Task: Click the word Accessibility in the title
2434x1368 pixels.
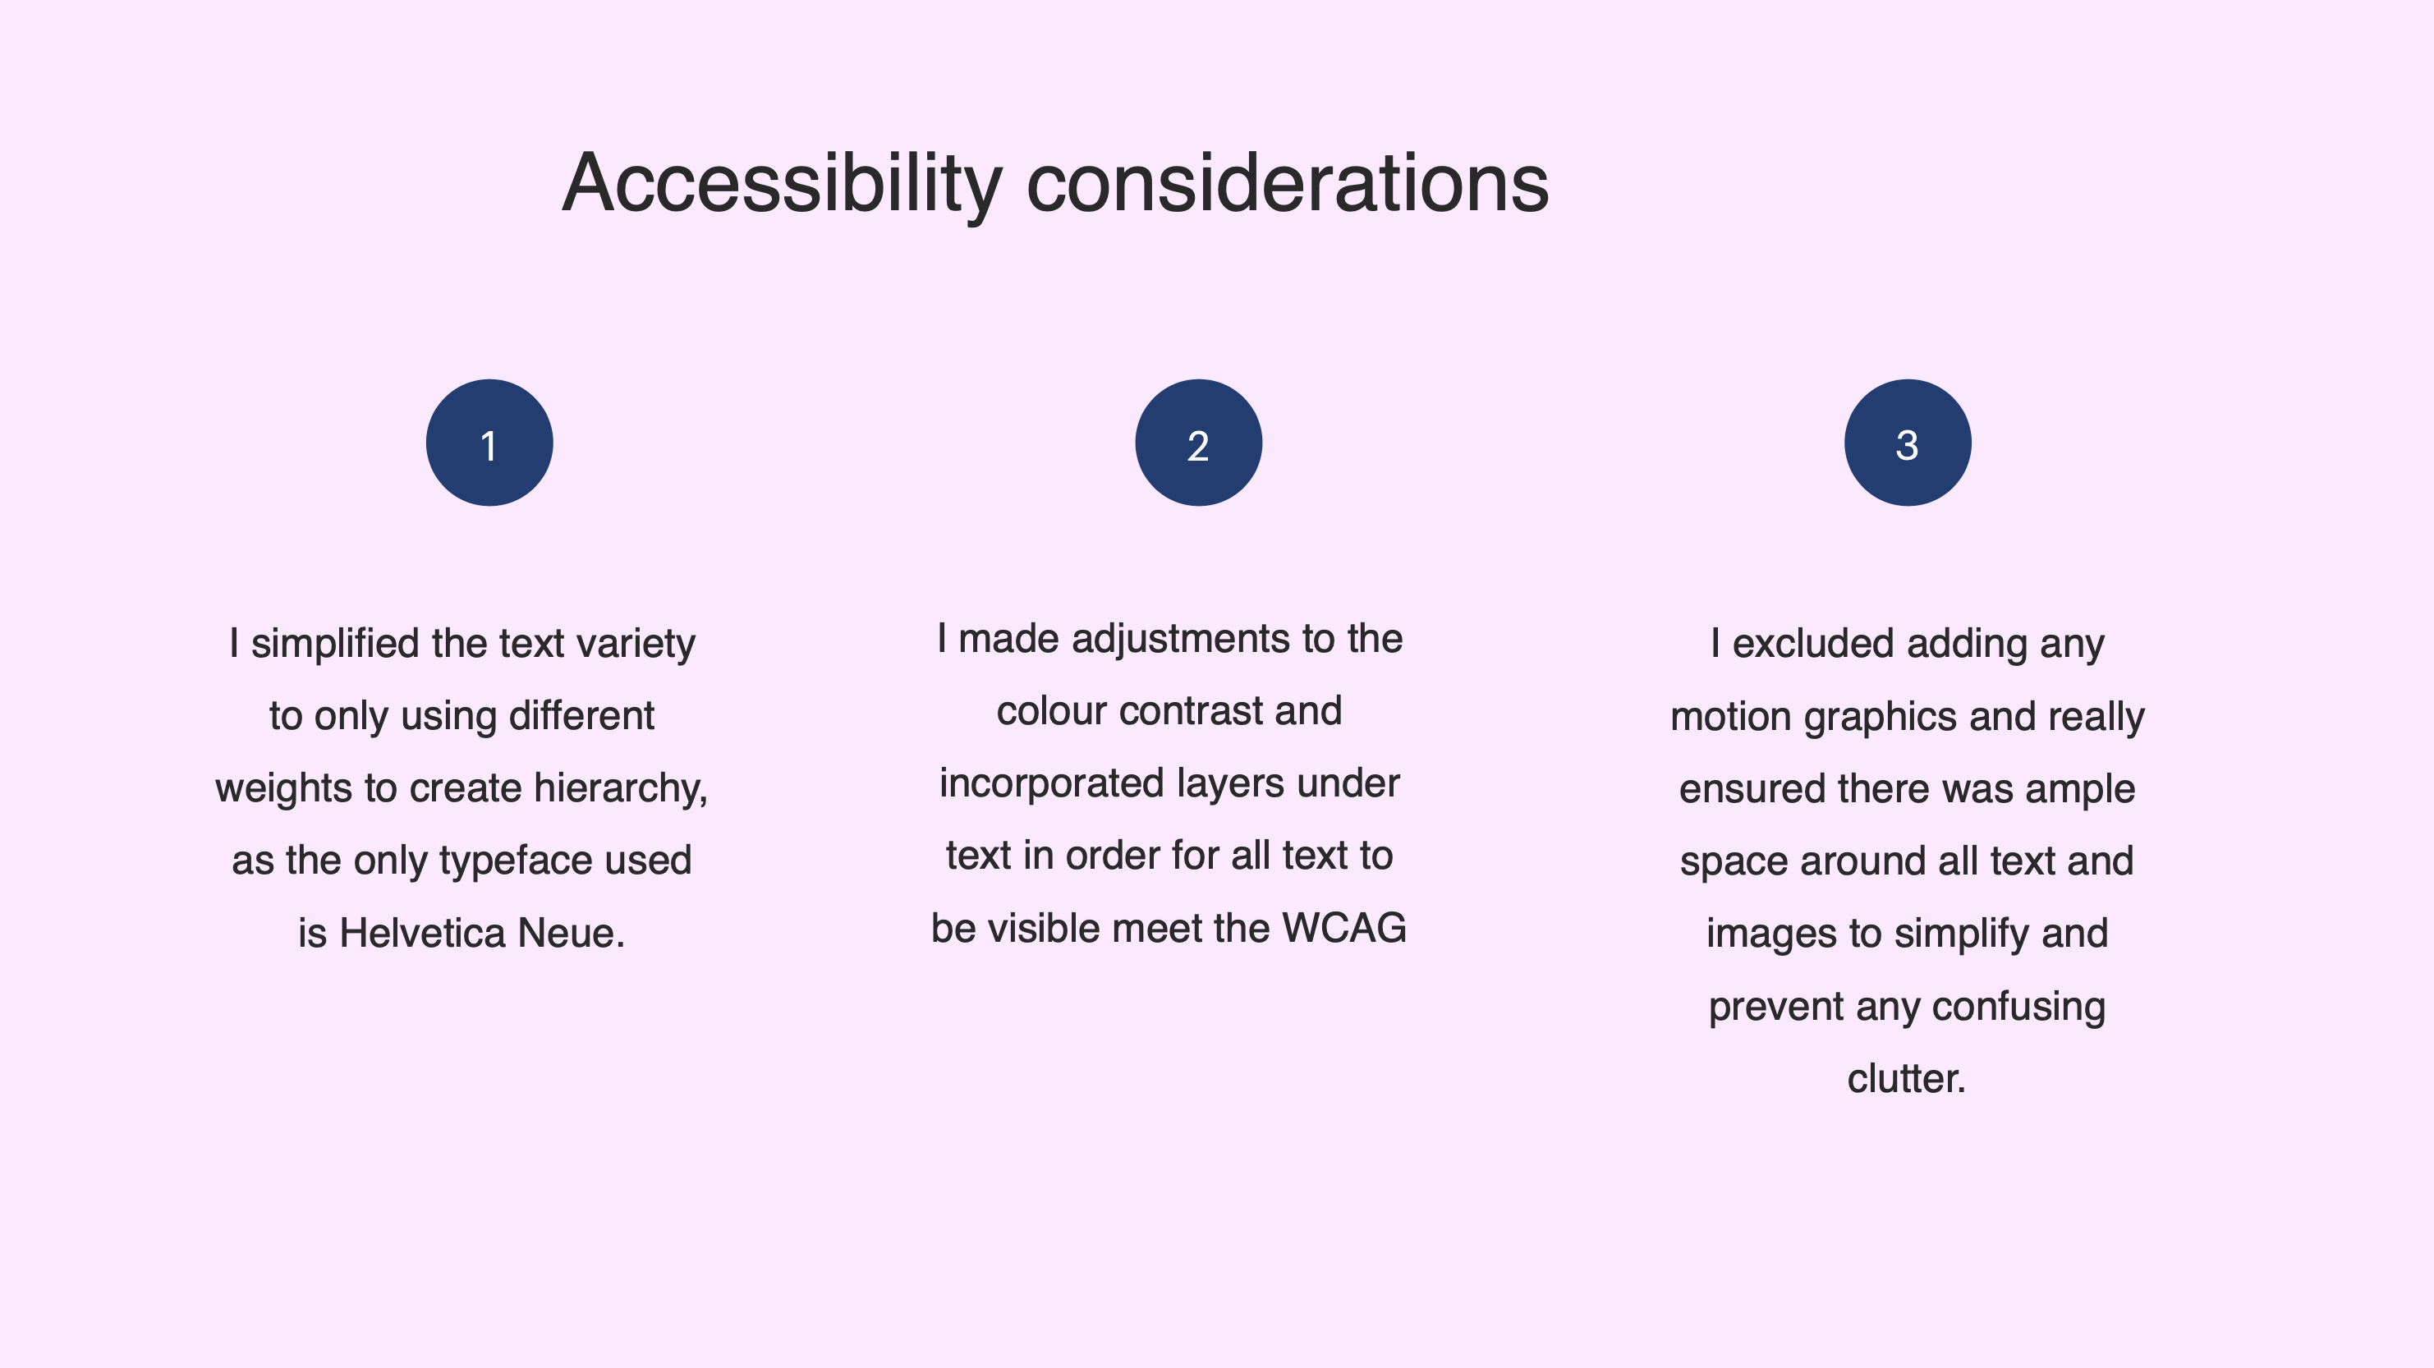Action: click(x=783, y=184)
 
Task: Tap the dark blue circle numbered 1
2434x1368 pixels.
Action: click(x=489, y=443)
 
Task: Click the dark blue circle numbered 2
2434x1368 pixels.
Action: click(x=1198, y=443)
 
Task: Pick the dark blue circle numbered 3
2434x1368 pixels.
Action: click(x=1908, y=443)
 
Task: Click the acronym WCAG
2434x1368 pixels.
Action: click(x=1344, y=929)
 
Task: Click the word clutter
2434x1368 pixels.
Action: click(x=1907, y=1079)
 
